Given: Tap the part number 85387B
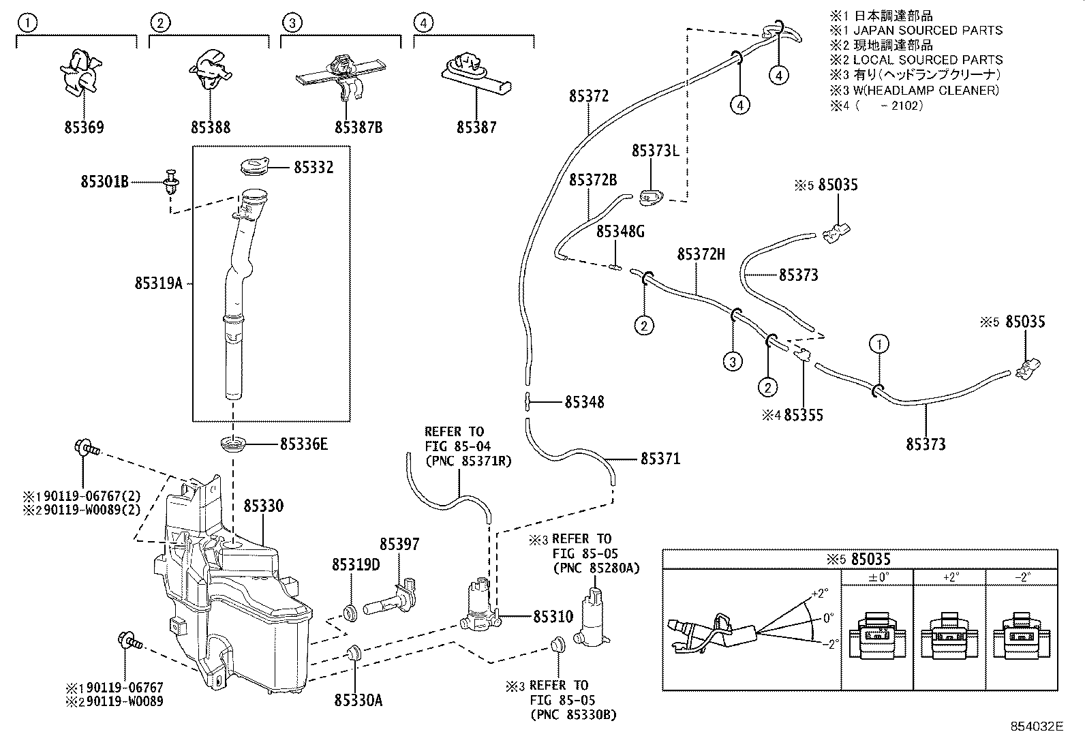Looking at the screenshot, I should coord(358,127).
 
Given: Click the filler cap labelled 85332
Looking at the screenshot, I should coord(255,166).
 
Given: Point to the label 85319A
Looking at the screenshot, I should coord(159,283).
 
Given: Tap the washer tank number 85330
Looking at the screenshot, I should coord(263,506).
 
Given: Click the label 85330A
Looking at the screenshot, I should coord(358,700).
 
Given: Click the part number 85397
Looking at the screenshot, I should coord(399,545).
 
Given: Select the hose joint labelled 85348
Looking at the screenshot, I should coord(528,401).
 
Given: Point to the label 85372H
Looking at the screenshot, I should coord(701,254).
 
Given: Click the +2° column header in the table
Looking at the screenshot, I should coord(951,577).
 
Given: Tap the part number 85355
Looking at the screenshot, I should coord(804,414).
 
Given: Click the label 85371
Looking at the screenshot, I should coord(660,459).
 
